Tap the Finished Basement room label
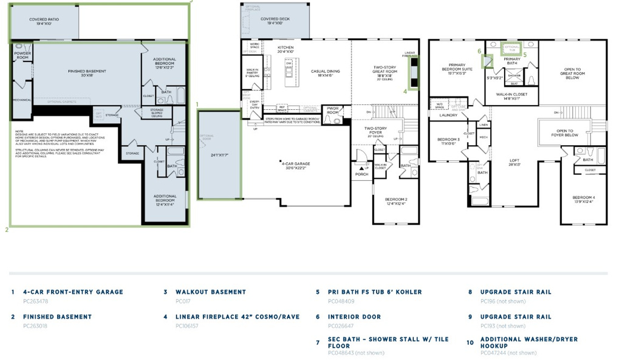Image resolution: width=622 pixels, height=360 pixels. pos(86,73)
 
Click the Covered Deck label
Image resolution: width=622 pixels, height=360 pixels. pos(276,21)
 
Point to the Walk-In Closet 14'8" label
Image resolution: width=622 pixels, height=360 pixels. pos(511,97)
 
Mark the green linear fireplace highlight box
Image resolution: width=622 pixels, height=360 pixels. pos(414,72)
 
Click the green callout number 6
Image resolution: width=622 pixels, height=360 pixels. pos(479,51)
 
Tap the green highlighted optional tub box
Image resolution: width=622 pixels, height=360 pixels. pos(511,48)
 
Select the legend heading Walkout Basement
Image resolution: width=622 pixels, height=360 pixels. pos(211,292)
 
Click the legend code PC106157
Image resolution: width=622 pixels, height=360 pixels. pos(187,326)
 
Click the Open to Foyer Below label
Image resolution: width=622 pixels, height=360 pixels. pos(564,132)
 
